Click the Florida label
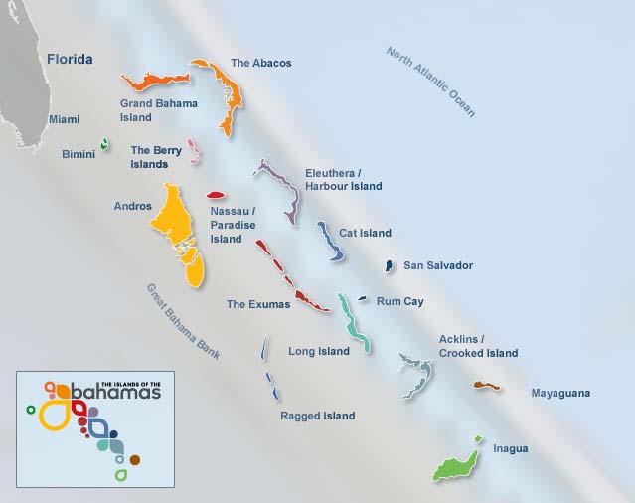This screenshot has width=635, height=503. coord(70,60)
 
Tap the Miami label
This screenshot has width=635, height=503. coord(65,120)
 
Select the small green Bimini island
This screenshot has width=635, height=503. coord(104,145)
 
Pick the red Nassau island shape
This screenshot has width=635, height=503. coord(216,195)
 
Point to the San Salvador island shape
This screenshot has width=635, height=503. coord(389,266)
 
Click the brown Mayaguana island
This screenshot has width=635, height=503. coord(486,385)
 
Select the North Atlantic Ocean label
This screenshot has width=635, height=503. coord(430,83)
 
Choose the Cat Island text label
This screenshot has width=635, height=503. coord(365,234)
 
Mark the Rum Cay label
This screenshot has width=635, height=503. coord(399,302)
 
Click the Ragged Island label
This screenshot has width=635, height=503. coord(317,416)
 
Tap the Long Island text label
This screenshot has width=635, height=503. coord(318,351)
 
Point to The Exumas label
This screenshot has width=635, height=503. coord(258,305)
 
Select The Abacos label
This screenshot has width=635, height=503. coord(261,64)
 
